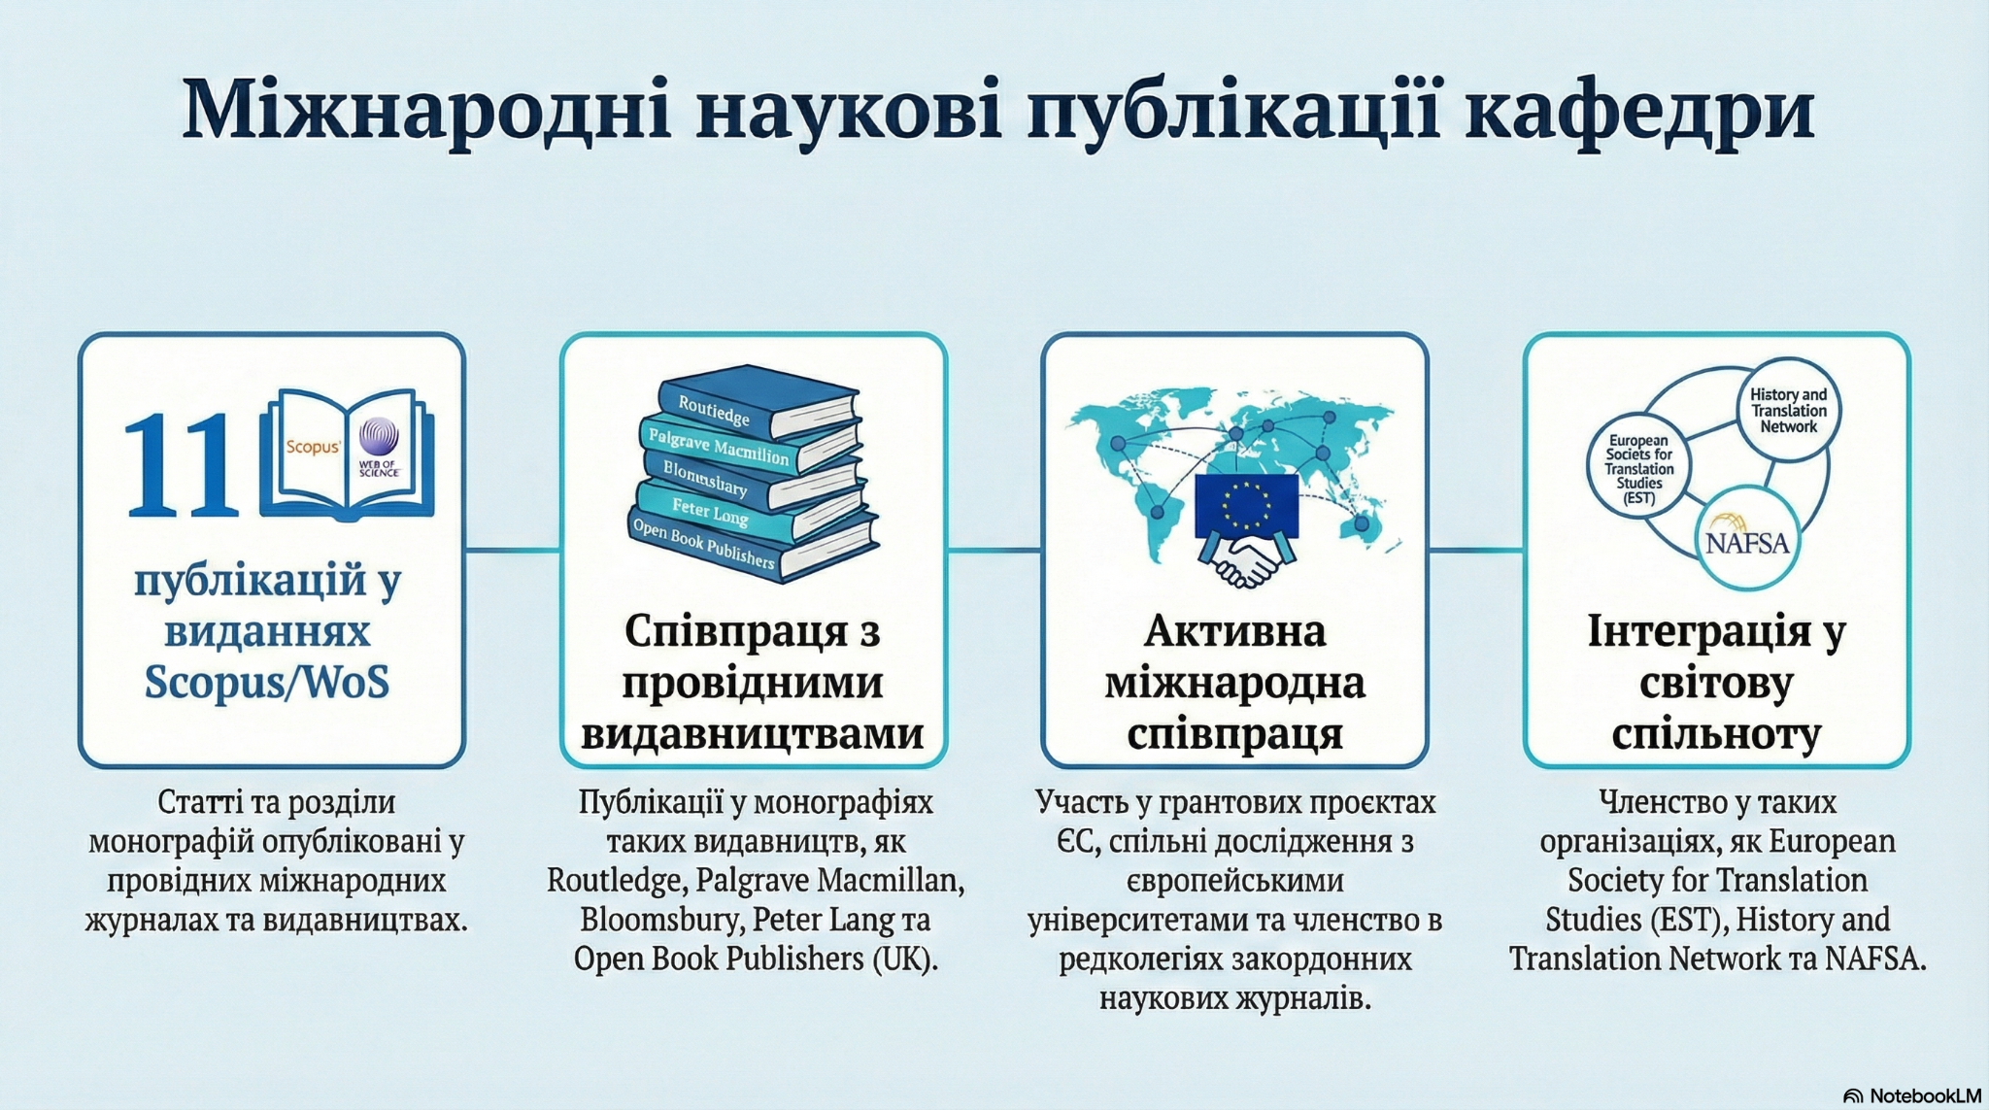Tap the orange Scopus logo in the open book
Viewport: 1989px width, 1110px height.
(x=313, y=447)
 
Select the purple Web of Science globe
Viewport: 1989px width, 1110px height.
(x=379, y=438)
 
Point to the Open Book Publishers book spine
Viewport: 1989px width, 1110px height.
(x=753, y=549)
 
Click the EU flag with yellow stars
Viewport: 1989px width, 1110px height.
(x=1246, y=506)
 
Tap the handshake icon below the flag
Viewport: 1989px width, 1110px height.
(x=1247, y=562)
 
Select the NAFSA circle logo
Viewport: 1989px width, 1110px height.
(x=1747, y=538)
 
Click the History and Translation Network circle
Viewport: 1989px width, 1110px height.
(x=1788, y=411)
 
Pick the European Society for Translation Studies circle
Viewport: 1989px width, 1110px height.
(x=1638, y=469)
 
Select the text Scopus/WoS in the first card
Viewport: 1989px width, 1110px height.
(x=267, y=681)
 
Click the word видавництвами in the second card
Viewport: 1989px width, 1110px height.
(x=753, y=733)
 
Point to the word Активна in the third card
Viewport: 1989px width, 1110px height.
(x=1234, y=631)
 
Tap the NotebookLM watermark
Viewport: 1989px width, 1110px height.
(x=1912, y=1095)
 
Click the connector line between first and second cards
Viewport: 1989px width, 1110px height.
(x=513, y=551)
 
